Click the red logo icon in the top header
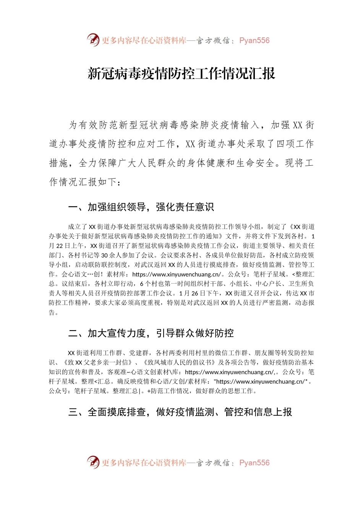coord(93,40)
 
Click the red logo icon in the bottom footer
coord(93,462)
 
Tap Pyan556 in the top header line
coord(254,40)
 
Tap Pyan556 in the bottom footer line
coord(254,463)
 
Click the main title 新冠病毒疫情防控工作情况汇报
coord(181,73)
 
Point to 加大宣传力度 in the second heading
coord(117,333)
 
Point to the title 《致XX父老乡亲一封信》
coord(98,362)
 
